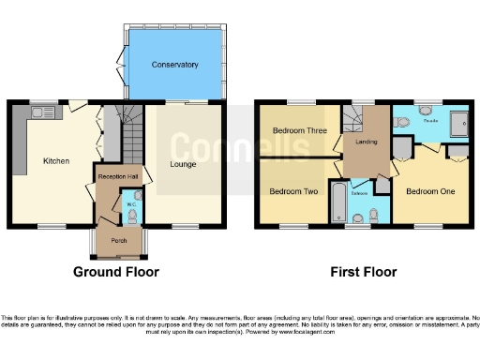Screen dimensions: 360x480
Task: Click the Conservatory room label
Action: pyautogui.click(x=174, y=65)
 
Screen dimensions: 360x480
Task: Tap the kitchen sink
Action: pyautogui.click(x=43, y=112)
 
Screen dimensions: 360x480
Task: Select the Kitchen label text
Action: pyautogui.click(x=56, y=160)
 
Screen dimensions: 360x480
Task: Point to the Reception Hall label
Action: pyautogui.click(x=115, y=175)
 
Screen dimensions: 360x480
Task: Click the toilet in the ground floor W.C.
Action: pyautogui.click(x=131, y=215)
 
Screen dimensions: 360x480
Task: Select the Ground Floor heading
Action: pyautogui.click(x=116, y=273)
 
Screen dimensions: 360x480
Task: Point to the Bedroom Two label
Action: pyautogui.click(x=293, y=191)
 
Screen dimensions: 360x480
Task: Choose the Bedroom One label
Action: pyautogui.click(x=429, y=191)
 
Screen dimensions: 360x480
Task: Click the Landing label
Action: pyautogui.click(x=367, y=142)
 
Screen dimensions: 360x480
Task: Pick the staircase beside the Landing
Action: pyautogui.click(x=353, y=119)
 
